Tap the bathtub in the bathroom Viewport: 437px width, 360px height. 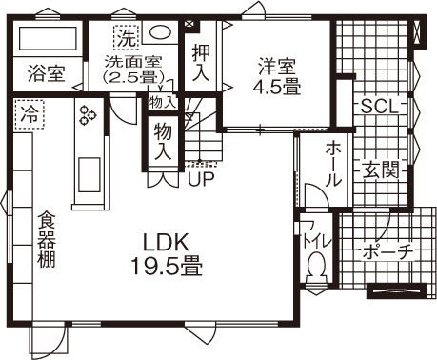coord(48,40)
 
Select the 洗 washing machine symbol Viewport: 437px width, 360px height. coord(126,39)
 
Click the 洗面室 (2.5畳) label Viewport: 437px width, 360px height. coord(134,70)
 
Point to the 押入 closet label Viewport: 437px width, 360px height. coord(200,61)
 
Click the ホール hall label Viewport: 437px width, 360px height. coord(334,163)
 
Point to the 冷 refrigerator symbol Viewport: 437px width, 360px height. coord(30,112)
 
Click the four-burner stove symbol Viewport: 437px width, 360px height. coord(89,115)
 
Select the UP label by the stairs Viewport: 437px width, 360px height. coord(200,177)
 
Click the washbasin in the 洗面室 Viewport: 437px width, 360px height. coord(162,31)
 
